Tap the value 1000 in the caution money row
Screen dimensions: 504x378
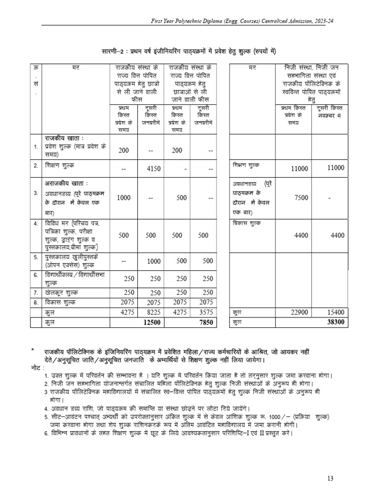[124, 197]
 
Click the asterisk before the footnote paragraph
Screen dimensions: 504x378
[32, 350]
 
